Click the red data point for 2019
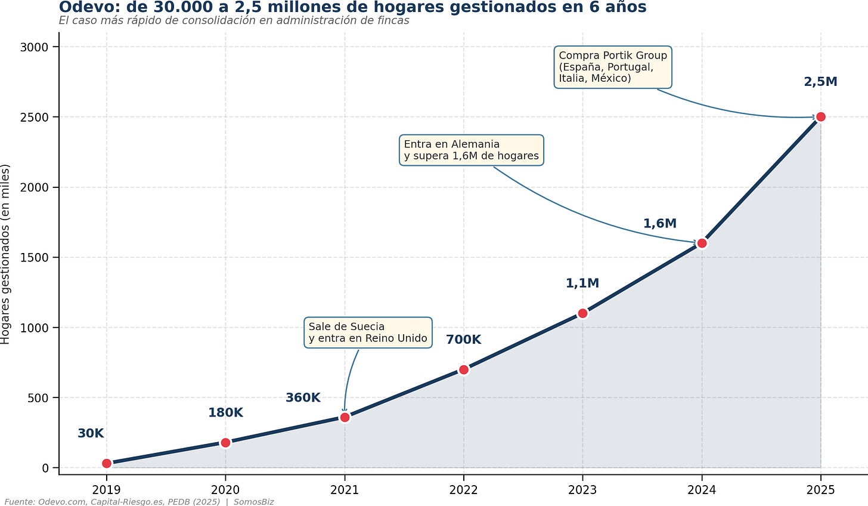pos(107,464)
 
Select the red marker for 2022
pos(463,370)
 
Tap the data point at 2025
pos(821,117)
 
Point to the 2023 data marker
pos(582,313)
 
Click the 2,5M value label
pos(821,82)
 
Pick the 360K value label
pos(303,398)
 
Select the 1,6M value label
pos(660,223)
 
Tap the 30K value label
pos(91,433)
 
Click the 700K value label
pos(463,340)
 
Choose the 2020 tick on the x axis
pos(225,490)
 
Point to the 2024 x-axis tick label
pos(701,490)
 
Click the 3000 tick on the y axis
pos(34,47)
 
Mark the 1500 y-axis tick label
pos(34,257)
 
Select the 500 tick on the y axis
pos(38,398)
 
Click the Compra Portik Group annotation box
pos(613,67)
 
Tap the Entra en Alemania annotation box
pos(471,150)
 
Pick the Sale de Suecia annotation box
pos(368,332)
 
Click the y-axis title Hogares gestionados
pos(5,254)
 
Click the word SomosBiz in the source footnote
pos(254,502)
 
